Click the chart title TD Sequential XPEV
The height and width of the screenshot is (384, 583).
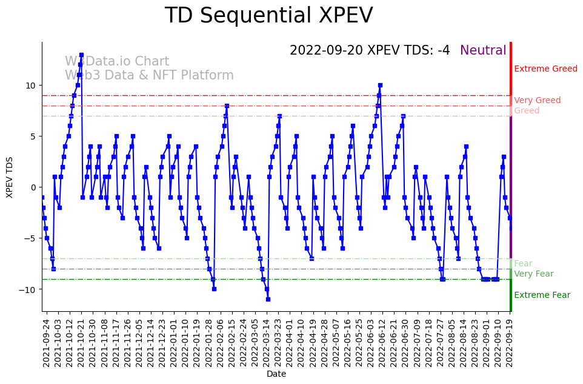[268, 16]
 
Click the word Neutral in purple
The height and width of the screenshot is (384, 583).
[482, 50]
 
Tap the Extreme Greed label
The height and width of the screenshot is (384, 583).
[545, 69]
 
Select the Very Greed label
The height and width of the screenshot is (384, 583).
[537, 101]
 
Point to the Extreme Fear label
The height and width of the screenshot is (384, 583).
[542, 295]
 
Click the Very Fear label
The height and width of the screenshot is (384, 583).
[533, 274]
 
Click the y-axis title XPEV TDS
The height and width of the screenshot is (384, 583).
[10, 177]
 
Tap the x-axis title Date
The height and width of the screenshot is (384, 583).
[276, 374]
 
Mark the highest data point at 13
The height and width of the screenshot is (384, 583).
[81, 55]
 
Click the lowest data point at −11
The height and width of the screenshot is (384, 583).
[268, 299]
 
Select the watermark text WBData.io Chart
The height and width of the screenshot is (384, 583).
[117, 62]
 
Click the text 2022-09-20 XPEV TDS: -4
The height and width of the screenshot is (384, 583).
[370, 50]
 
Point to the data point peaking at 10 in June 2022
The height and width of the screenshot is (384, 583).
[380, 86]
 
